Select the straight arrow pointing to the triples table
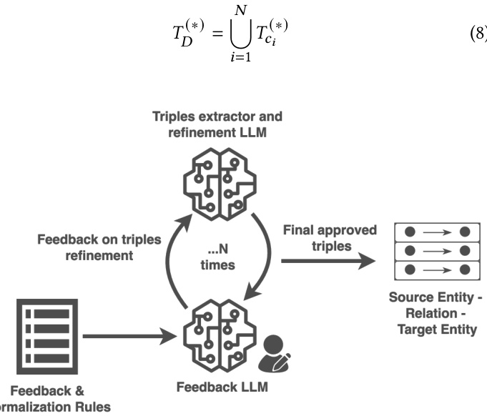click(x=328, y=261)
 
